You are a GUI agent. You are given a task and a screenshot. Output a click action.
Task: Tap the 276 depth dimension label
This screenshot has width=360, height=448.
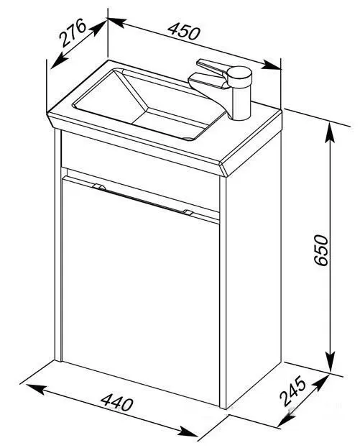tap(73, 32)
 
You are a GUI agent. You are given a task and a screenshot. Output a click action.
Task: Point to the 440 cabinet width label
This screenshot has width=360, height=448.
tap(116, 401)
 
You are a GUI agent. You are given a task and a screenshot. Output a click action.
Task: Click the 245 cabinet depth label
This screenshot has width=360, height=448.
tap(292, 391)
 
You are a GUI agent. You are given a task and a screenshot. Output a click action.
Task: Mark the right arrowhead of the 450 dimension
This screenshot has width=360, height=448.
tap(271, 65)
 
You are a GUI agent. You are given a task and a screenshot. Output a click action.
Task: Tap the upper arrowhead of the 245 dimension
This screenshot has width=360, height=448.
tap(320, 383)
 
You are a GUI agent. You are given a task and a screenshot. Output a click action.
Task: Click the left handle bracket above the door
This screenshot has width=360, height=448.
tap(99, 187)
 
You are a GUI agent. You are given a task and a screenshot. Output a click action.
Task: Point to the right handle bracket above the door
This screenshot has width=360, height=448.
tap(188, 212)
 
